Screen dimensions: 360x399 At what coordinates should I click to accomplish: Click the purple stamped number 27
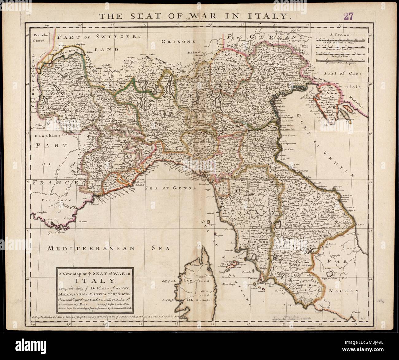[x=349, y=17]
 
